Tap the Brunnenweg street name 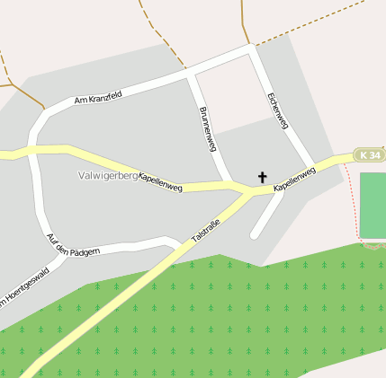tap(207, 128)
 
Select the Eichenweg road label tap(277, 111)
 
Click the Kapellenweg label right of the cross tap(294, 179)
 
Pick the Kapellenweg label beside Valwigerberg tap(160, 182)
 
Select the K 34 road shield tap(369, 155)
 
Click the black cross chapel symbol tap(263, 177)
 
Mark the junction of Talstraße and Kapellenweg tap(247, 191)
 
